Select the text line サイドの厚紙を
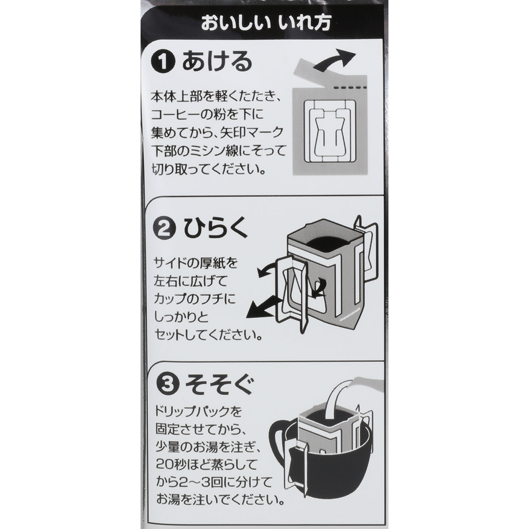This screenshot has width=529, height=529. (x=196, y=263)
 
